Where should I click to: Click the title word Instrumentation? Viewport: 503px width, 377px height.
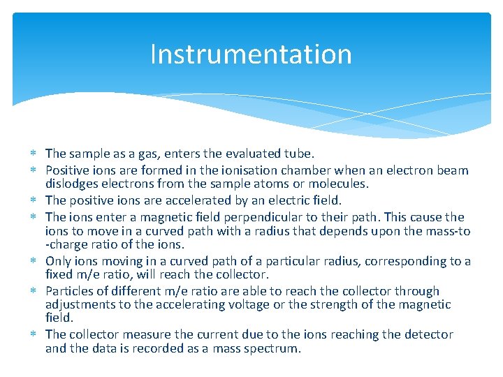point(251,54)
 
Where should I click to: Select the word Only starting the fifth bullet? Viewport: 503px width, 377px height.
point(59,261)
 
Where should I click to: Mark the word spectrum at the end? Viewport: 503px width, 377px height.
point(274,348)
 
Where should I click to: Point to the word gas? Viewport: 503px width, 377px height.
point(136,154)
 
